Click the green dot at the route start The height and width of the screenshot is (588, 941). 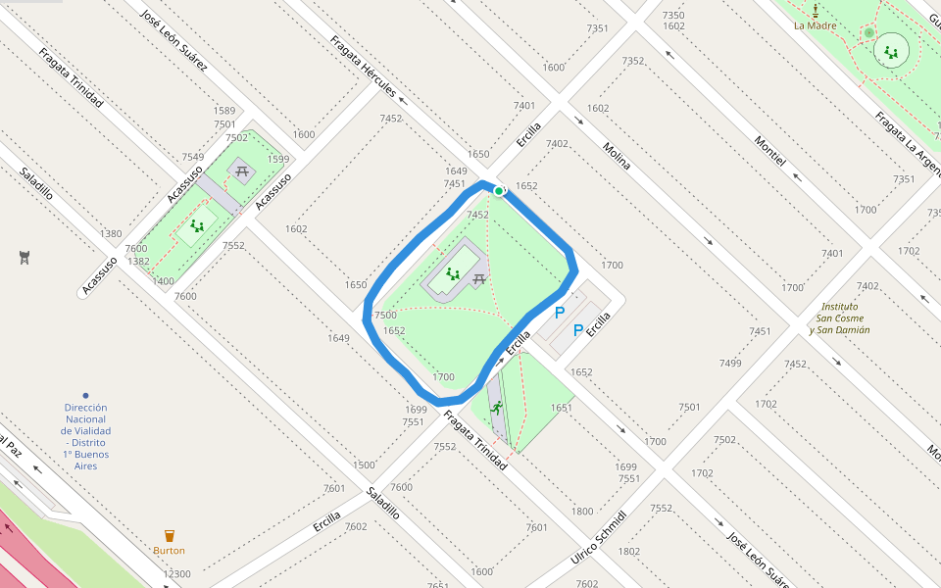pyautogui.click(x=499, y=191)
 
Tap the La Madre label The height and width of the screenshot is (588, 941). pyautogui.click(x=814, y=25)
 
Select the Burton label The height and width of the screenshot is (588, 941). pyautogui.click(x=169, y=551)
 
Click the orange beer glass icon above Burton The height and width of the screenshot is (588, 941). pyautogui.click(x=169, y=536)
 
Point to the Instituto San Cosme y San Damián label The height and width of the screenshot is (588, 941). pyautogui.click(x=839, y=318)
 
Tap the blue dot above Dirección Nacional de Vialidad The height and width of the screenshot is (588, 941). pyautogui.click(x=85, y=395)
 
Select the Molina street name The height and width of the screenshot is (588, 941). pyautogui.click(x=617, y=157)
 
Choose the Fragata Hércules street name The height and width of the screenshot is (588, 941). pyautogui.click(x=363, y=67)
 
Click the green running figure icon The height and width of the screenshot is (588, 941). pyautogui.click(x=497, y=407)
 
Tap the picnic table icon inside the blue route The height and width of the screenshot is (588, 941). pyautogui.click(x=479, y=280)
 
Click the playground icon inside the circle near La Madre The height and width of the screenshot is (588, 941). pyautogui.click(x=891, y=51)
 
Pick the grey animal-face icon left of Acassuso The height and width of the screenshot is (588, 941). pyautogui.click(x=25, y=258)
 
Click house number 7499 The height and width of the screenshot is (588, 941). pyautogui.click(x=730, y=363)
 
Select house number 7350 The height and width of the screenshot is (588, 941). pyautogui.click(x=673, y=15)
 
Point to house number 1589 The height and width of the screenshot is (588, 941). pyautogui.click(x=224, y=111)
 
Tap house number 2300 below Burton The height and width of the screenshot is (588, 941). pyautogui.click(x=177, y=574)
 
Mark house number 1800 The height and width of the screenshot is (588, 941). pyautogui.click(x=582, y=511)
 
